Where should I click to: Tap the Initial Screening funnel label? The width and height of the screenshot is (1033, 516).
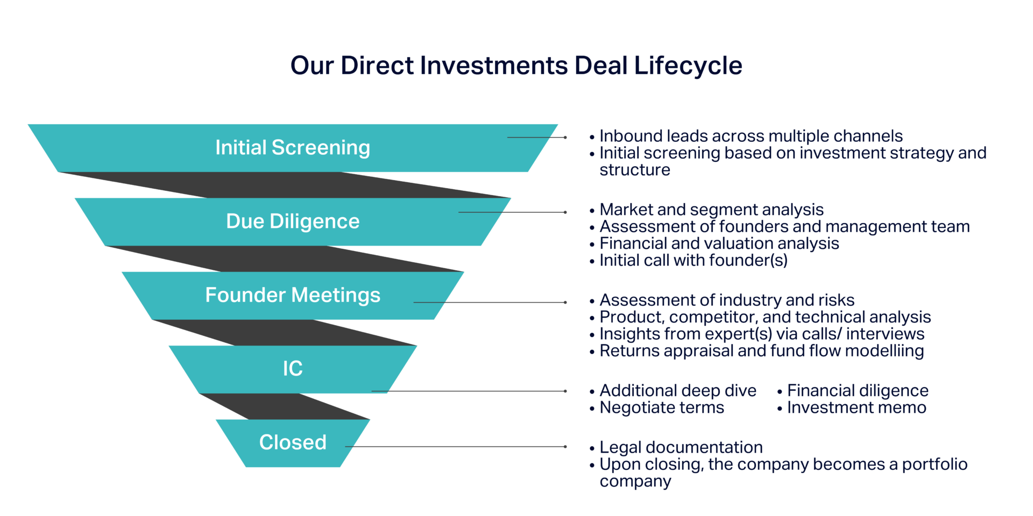[293, 147]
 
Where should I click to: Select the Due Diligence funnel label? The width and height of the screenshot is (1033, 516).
[293, 221]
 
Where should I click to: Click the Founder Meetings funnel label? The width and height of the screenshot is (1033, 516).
[293, 295]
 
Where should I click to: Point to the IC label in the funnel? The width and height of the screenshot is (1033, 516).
[293, 368]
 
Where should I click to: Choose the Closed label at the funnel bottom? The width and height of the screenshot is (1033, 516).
[293, 442]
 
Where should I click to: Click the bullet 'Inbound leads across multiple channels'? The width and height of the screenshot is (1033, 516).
[751, 136]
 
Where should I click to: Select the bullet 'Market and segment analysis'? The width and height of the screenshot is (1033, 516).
[711, 209]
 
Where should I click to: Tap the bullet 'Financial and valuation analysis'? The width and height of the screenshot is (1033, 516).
[719, 243]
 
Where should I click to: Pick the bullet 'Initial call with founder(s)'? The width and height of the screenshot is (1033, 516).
[694, 260]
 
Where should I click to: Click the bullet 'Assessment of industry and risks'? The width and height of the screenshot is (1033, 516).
[727, 299]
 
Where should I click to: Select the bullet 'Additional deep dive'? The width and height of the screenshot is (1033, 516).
[678, 390]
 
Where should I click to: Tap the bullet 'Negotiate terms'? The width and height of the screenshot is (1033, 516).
[662, 407]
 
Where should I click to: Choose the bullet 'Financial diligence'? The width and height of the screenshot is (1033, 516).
[858, 390]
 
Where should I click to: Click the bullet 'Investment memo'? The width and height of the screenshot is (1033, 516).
[857, 407]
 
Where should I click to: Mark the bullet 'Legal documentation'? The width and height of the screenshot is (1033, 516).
[681, 447]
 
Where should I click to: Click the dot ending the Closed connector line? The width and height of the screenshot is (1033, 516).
[565, 447]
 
